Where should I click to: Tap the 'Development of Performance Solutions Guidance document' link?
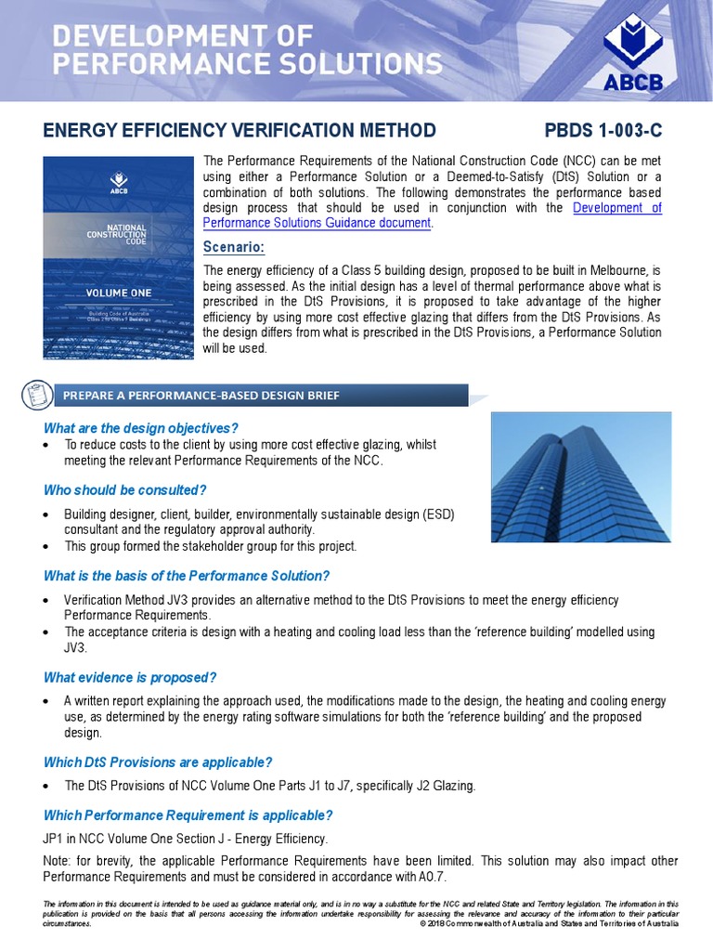(432, 215)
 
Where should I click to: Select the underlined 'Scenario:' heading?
(233, 247)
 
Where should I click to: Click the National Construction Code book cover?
(118, 258)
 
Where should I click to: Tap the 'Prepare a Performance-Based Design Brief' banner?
(201, 396)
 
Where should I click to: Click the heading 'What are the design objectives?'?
(141, 428)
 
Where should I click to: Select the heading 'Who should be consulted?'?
(125, 489)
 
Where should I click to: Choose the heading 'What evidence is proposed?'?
(130, 677)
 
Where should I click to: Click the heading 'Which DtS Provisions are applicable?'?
(158, 762)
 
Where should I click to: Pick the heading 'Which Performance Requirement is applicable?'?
(188, 815)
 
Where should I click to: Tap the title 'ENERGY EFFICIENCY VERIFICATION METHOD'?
(240, 131)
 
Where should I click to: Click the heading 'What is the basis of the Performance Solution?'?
(187, 576)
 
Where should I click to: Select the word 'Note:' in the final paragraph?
(59, 861)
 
